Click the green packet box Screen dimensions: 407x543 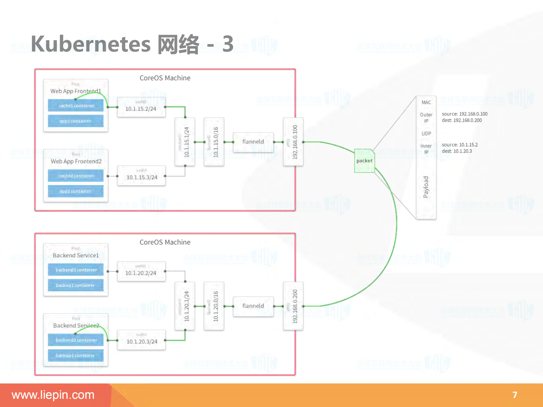(x=364, y=161)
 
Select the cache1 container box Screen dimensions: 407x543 (x=76, y=105)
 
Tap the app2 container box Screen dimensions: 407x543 (x=76, y=191)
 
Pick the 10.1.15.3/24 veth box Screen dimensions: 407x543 (x=141, y=176)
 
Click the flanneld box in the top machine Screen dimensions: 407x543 (x=253, y=142)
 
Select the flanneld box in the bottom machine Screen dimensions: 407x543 (x=253, y=306)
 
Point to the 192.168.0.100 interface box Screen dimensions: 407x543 (x=293, y=142)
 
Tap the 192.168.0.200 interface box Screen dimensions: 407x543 (x=293, y=306)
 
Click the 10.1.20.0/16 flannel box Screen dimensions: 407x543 (x=214, y=306)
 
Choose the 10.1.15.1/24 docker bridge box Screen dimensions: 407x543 (x=185, y=142)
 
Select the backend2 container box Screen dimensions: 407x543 (x=76, y=340)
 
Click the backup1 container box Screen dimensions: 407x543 (x=76, y=285)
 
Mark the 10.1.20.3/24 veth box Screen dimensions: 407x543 (x=141, y=340)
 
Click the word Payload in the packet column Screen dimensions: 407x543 (x=426, y=187)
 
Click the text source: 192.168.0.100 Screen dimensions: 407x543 (x=464, y=114)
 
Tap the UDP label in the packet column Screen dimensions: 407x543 (x=426, y=133)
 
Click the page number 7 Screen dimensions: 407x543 (x=515, y=395)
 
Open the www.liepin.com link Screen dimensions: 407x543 (x=53, y=395)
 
